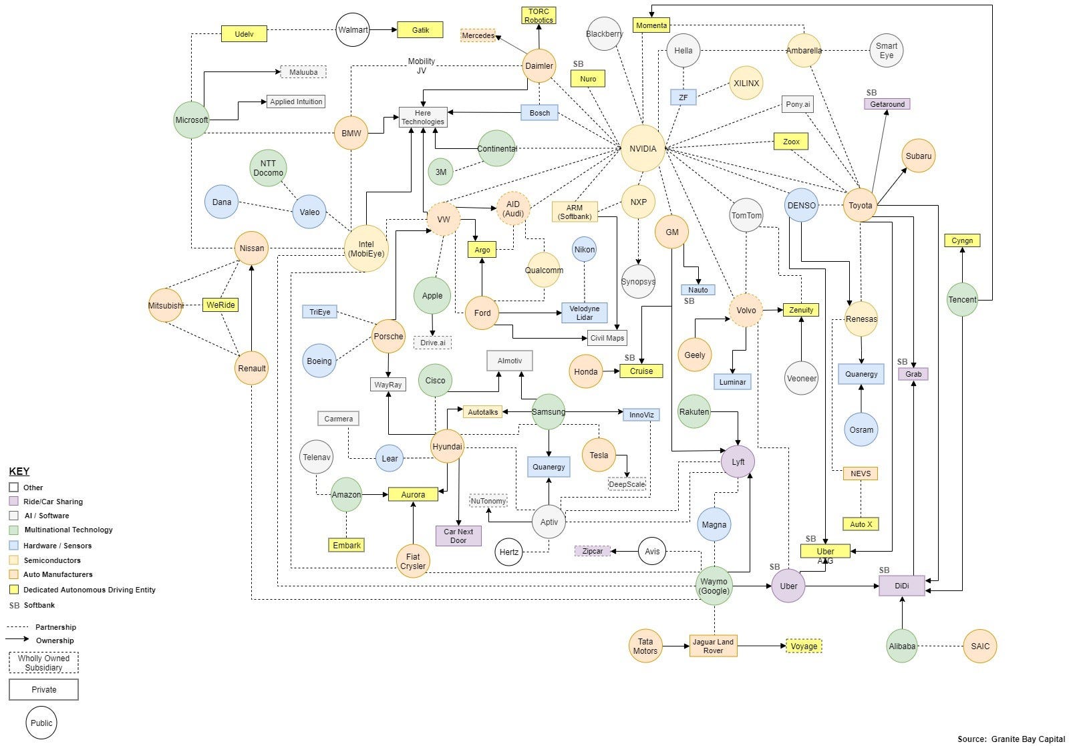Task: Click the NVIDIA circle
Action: coord(643,148)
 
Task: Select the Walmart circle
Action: coord(353,30)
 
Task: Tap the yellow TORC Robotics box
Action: coord(539,16)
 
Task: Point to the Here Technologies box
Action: coord(423,118)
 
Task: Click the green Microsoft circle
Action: coord(192,120)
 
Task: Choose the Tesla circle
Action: coord(599,455)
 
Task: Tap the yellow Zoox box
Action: coord(791,142)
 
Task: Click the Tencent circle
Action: coord(962,300)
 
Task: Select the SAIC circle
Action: coord(980,646)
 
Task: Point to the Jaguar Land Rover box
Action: coord(713,646)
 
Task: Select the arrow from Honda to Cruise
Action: coord(611,371)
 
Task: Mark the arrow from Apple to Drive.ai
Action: coord(432,325)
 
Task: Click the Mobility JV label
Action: coord(422,65)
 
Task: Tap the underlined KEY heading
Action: coord(19,472)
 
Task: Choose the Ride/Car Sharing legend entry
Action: coord(53,502)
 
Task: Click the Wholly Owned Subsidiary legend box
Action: coord(43,663)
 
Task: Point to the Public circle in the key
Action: coord(41,723)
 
